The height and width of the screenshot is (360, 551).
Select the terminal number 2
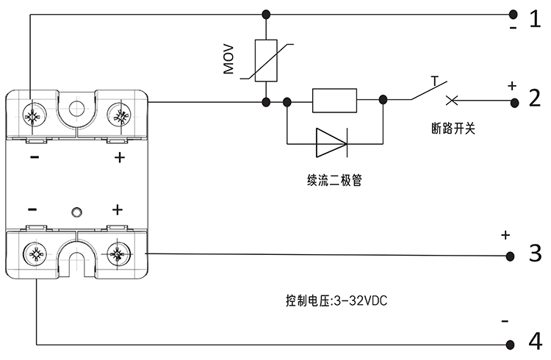(x=535, y=98)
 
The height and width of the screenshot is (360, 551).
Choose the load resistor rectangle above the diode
(x=334, y=101)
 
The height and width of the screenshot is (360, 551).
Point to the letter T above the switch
(x=434, y=79)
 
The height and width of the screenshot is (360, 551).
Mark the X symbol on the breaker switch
(x=451, y=101)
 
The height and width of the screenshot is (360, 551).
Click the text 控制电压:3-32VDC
(x=335, y=300)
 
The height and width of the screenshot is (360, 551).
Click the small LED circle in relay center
(x=76, y=213)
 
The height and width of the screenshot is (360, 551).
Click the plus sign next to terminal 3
(x=505, y=236)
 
